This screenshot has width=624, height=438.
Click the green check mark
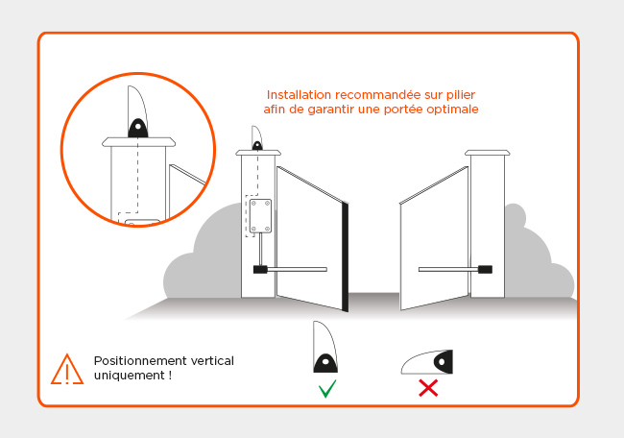[x=327, y=389]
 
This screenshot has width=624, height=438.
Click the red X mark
[x=428, y=388]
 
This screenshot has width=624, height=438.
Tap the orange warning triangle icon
[x=67, y=369]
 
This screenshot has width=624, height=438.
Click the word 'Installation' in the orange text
[x=300, y=95]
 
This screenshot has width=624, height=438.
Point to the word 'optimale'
[x=454, y=109]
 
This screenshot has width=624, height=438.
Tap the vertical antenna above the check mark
[x=326, y=349]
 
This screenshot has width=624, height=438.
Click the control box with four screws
[x=260, y=216]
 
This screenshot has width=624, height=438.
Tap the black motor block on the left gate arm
[x=260, y=270]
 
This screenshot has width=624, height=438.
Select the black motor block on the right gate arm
[x=486, y=270]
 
